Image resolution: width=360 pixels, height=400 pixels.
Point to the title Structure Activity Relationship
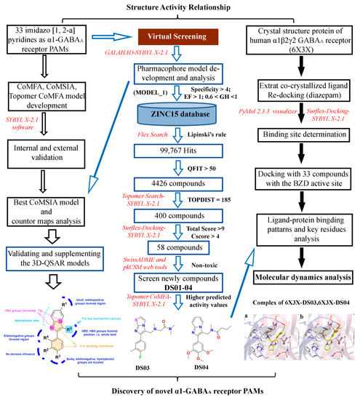[180, 7]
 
